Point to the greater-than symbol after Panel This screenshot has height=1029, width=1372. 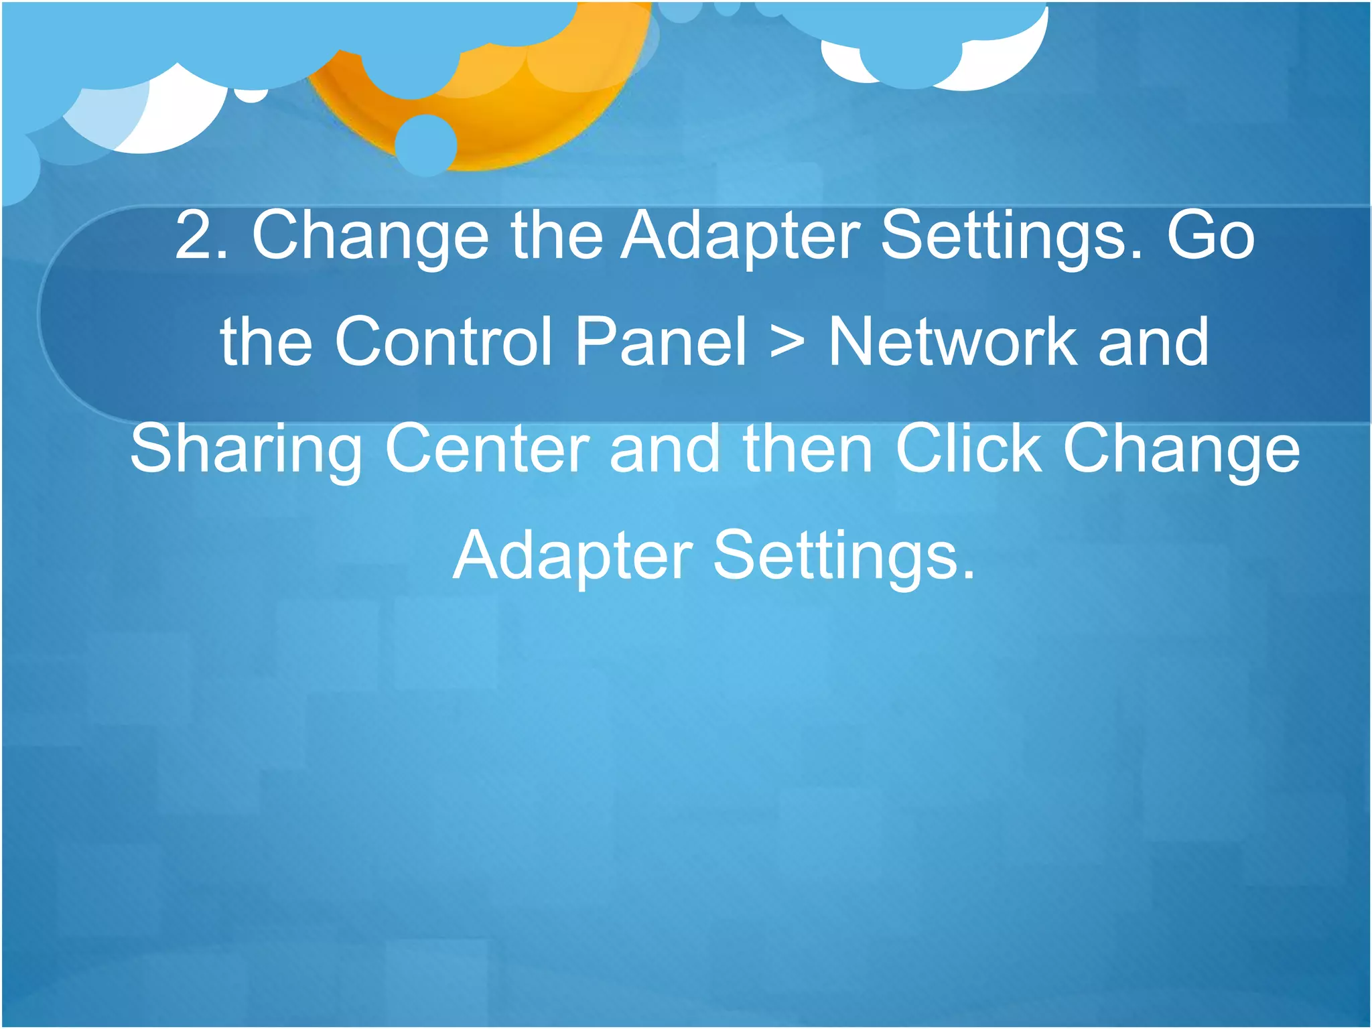(787, 343)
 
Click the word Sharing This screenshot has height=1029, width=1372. (246, 450)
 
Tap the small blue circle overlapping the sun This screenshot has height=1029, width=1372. (426, 145)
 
